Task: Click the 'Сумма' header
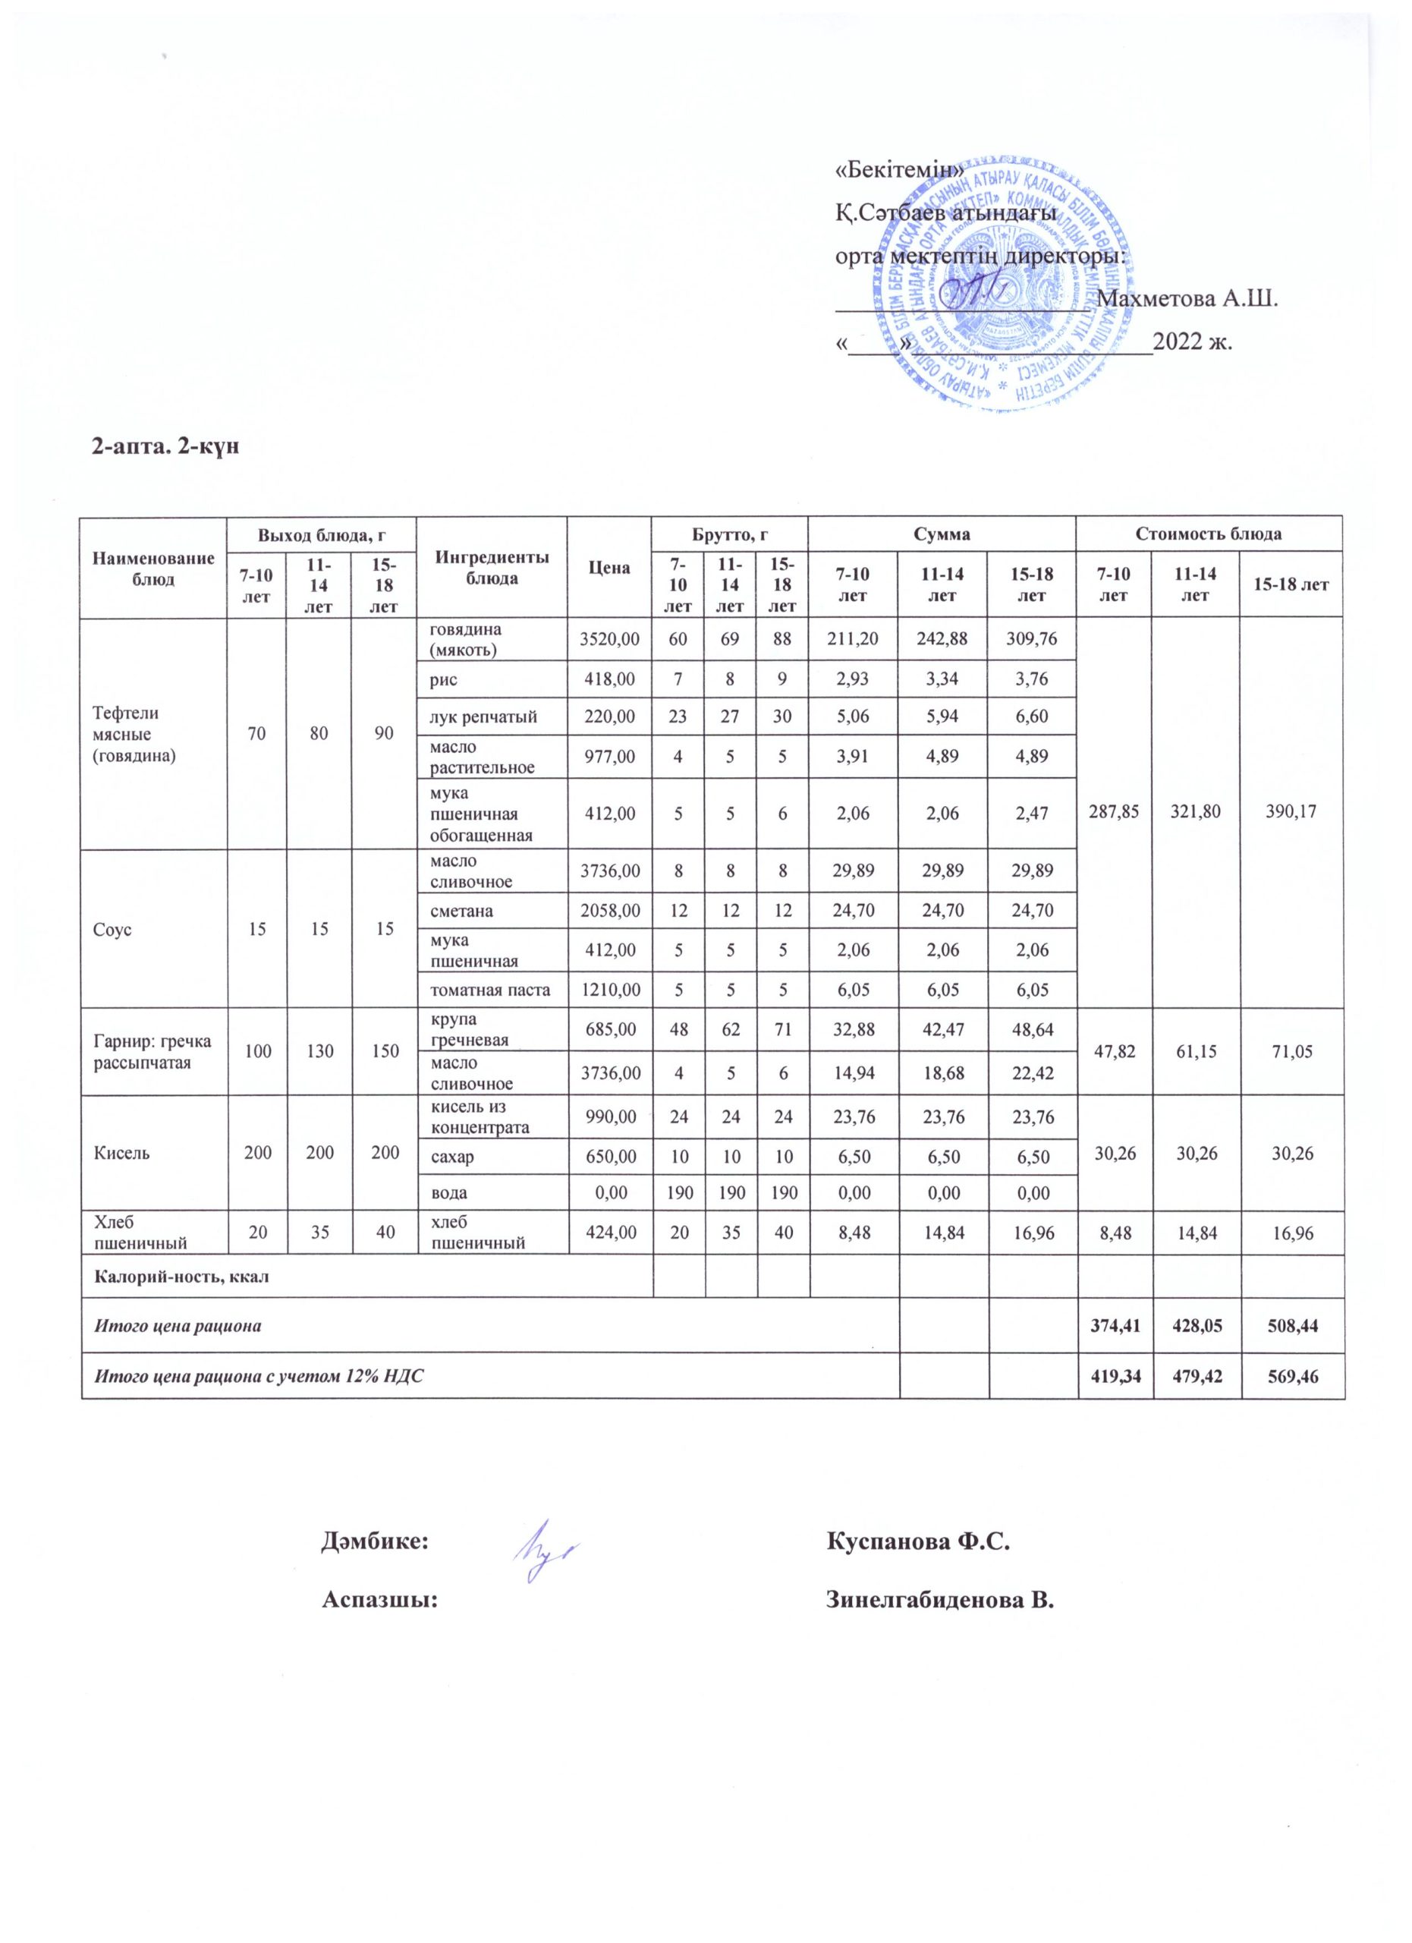pos(942,534)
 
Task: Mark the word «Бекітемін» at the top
pos(900,171)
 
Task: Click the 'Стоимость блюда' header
pos(1208,534)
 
